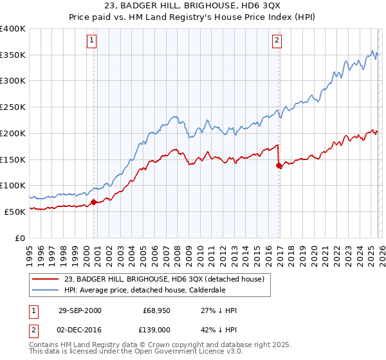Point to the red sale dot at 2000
94,202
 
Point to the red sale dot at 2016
279,165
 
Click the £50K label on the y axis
15,212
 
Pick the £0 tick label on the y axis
21,238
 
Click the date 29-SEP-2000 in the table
79,310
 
